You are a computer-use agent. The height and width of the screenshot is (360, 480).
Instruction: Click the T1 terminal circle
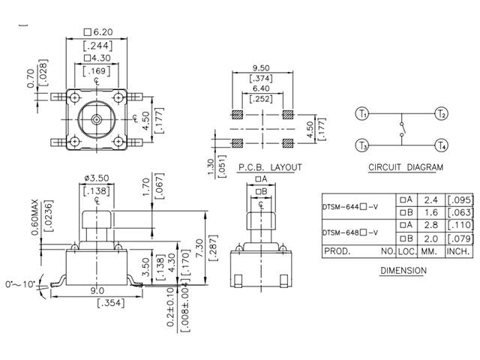click(x=362, y=114)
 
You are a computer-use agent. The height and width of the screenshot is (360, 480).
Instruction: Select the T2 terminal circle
click(x=441, y=114)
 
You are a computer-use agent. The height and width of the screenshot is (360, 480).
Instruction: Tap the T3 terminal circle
click(x=362, y=145)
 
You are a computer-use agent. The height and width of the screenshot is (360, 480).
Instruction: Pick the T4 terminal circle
click(x=441, y=145)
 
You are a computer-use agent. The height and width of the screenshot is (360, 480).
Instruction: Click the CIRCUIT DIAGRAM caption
click(x=405, y=167)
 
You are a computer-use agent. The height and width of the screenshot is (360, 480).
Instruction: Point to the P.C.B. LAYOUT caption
click(x=269, y=167)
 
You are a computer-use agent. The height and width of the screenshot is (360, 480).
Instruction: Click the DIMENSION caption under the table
click(x=403, y=270)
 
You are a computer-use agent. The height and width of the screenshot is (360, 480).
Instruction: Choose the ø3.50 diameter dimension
click(x=95, y=179)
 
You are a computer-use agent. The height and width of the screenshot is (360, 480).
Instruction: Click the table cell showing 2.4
click(x=430, y=200)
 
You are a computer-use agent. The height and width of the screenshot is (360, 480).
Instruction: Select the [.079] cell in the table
click(x=459, y=239)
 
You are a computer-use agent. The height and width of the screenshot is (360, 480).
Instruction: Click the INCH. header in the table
click(x=459, y=252)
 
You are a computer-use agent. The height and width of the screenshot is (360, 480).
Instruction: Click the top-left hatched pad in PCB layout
click(x=237, y=115)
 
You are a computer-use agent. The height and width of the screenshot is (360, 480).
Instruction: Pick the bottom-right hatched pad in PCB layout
click(x=287, y=140)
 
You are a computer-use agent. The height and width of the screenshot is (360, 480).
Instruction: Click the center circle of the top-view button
click(x=96, y=119)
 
